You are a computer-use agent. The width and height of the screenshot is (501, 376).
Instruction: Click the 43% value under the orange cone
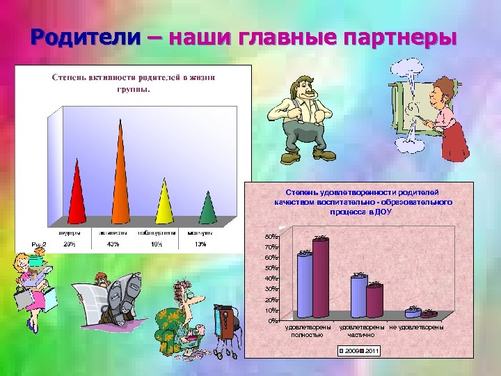click(113, 244)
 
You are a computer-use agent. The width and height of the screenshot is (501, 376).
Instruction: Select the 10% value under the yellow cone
click(157, 244)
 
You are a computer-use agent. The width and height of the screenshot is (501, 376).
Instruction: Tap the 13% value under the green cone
click(200, 244)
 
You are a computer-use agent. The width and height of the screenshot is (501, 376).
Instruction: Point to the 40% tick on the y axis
click(271, 279)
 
